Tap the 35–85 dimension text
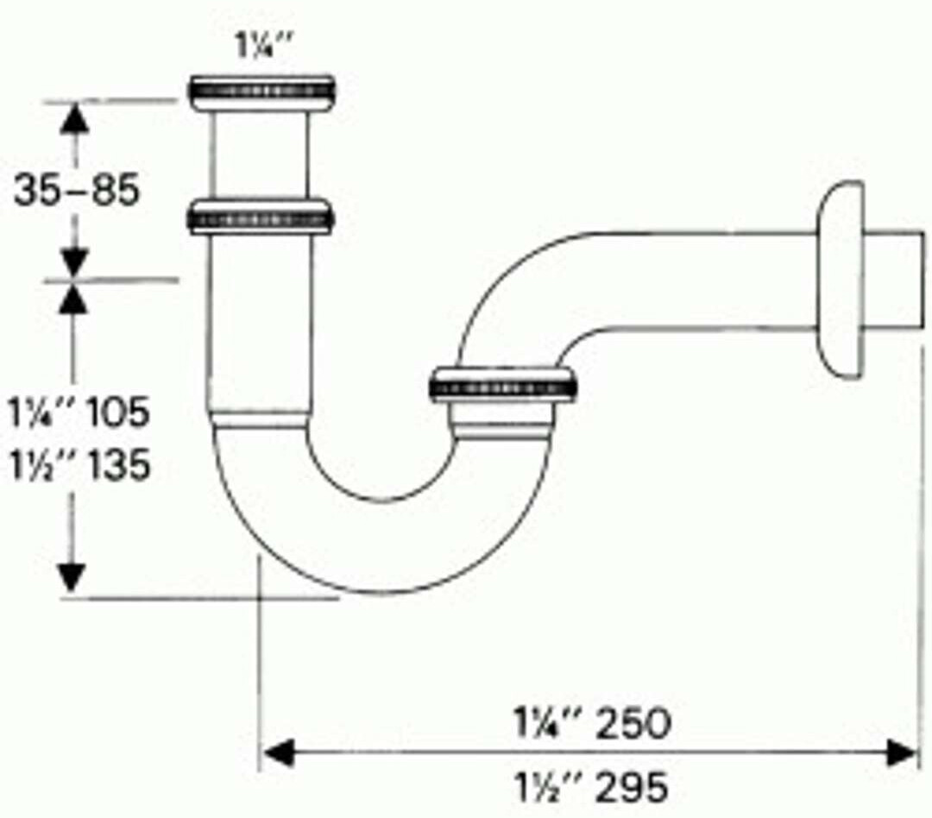76,190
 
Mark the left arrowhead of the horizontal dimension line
276,754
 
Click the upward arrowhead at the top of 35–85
76,117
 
